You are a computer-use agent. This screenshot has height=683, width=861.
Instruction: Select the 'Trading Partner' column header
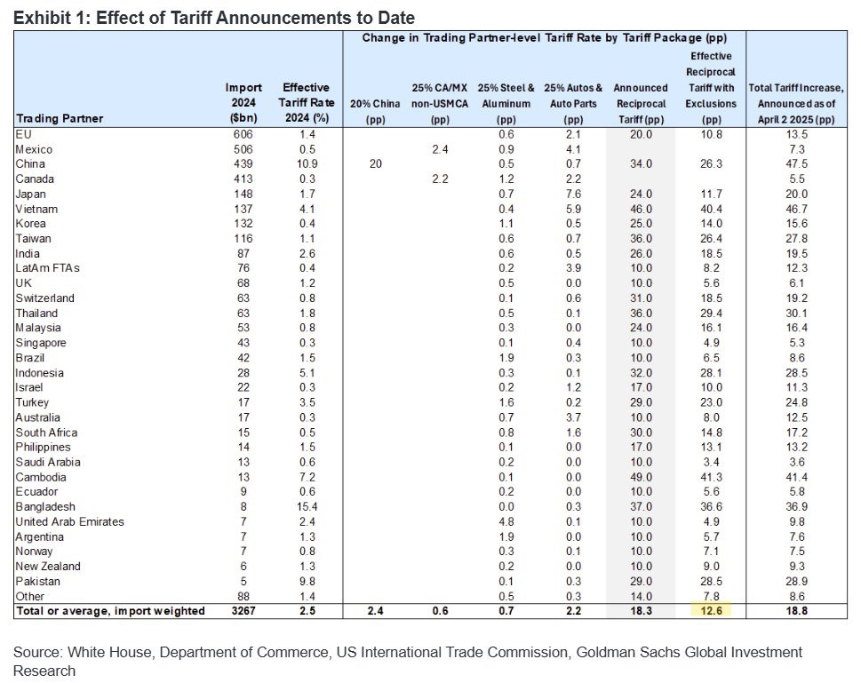tap(60, 118)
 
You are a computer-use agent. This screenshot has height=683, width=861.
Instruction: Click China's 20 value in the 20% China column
tap(376, 164)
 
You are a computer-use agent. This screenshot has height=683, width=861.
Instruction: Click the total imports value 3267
tap(243, 611)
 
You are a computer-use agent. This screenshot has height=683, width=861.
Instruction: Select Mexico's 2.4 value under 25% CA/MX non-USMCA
tap(440, 149)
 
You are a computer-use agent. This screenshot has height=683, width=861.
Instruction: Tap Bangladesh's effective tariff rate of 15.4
tap(306, 506)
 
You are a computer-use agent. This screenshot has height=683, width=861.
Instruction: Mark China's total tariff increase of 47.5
tap(797, 164)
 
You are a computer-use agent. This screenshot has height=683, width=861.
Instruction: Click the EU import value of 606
tap(243, 134)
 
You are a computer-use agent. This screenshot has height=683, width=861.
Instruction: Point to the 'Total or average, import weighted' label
tap(110, 611)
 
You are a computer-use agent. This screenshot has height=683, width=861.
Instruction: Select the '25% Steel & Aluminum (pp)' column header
tap(506, 103)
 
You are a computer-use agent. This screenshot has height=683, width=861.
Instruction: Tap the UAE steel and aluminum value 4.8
tap(506, 521)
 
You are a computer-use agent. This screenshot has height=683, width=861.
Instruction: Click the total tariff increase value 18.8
tap(797, 611)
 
